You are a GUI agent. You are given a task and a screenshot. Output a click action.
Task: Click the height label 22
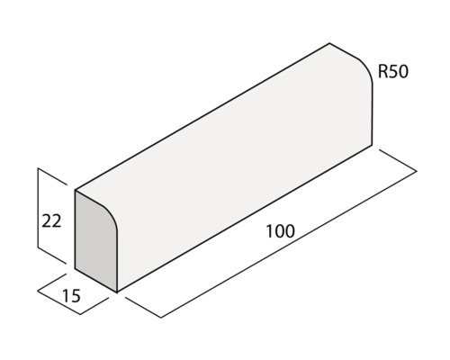(x=51, y=219)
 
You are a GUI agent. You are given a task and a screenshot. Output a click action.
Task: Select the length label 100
(x=281, y=231)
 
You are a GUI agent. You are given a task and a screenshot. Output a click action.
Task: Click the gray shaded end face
(x=94, y=244)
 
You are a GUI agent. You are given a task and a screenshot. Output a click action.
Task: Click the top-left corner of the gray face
(x=75, y=191)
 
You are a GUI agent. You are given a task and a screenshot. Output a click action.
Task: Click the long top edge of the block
(x=202, y=116)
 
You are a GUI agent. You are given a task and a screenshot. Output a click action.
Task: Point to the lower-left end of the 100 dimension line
(x=161, y=317)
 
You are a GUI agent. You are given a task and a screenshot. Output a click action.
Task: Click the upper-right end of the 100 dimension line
(x=417, y=170)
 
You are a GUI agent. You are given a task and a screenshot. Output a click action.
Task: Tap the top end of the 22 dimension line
(x=38, y=168)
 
